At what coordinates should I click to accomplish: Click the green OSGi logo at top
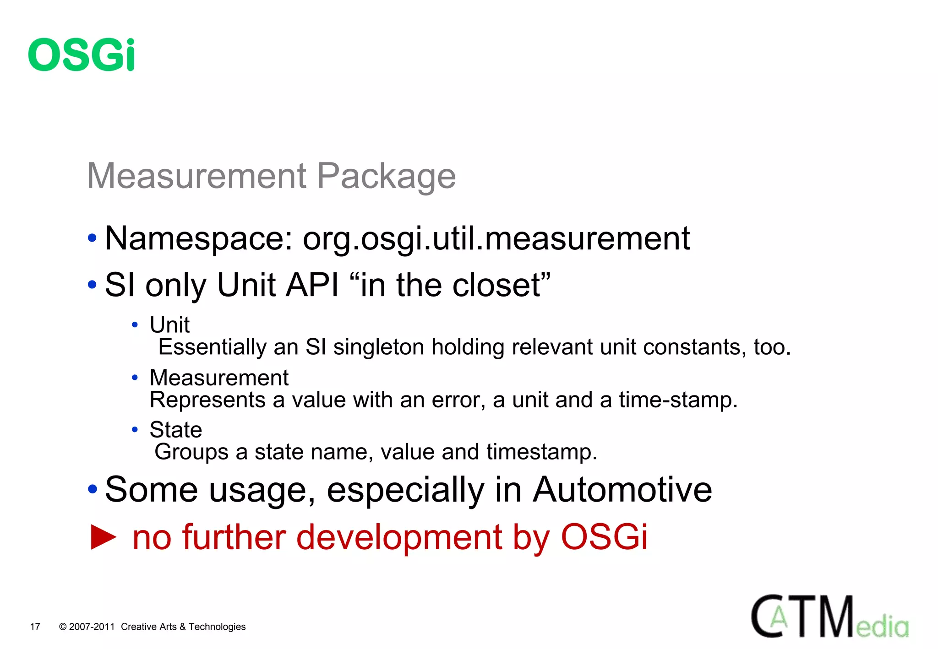click(x=82, y=54)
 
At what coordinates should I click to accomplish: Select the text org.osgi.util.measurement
click(x=496, y=238)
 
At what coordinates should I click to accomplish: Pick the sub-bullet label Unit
click(x=169, y=325)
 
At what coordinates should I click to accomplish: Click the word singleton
click(x=378, y=347)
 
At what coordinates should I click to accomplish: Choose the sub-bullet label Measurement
click(x=219, y=378)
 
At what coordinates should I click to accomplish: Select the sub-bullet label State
click(x=176, y=430)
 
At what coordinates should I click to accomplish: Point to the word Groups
click(x=191, y=452)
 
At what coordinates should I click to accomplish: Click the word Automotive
click(x=622, y=490)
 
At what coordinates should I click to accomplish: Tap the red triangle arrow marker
click(x=104, y=537)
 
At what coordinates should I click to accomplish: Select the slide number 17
click(x=35, y=627)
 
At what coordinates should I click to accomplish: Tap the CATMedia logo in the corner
click(x=829, y=617)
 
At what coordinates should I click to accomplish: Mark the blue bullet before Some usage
click(x=93, y=489)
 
